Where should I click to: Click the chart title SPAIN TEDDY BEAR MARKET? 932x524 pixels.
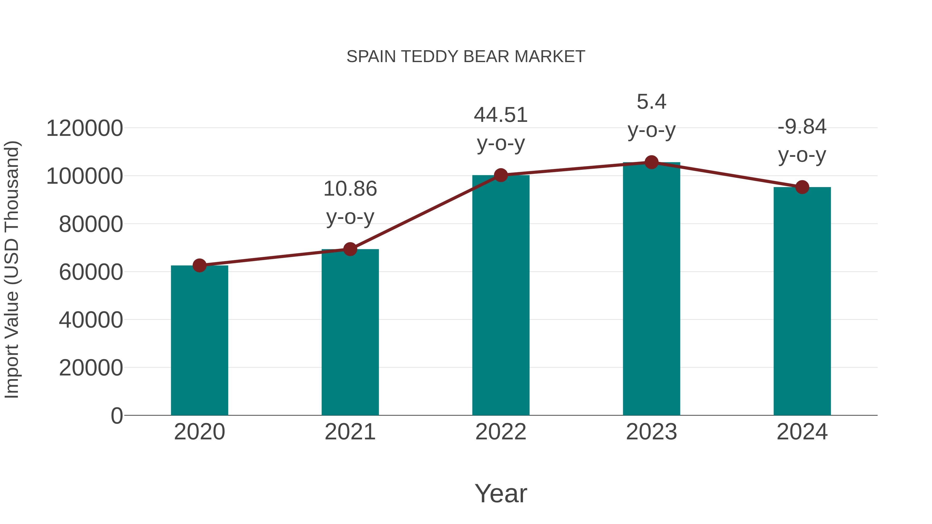point(466,57)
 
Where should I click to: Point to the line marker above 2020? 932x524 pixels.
point(199,265)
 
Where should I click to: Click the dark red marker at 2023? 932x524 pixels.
point(651,162)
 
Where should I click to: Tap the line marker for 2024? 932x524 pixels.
point(802,187)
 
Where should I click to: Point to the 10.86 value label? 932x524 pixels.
point(350,189)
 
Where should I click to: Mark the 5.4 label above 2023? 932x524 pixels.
point(651,102)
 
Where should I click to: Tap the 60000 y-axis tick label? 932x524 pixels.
point(91,272)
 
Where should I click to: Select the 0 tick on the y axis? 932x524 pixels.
point(116,416)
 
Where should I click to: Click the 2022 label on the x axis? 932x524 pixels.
point(501,432)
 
